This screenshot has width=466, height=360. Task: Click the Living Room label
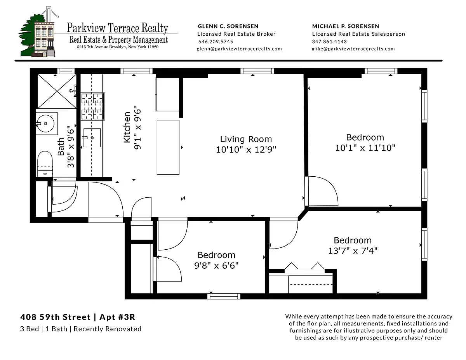[x=246, y=139]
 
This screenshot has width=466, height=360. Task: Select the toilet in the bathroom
[x=45, y=164]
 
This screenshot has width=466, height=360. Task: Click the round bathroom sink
[x=45, y=124]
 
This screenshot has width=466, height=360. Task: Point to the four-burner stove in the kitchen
[x=92, y=106]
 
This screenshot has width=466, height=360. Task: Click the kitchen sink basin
[x=92, y=137]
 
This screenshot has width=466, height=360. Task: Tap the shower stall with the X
[x=57, y=91]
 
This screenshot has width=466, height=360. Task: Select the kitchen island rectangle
[x=168, y=147]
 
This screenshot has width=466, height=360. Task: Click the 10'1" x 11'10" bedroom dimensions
[x=365, y=148]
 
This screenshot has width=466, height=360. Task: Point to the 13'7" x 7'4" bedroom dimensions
[x=353, y=250]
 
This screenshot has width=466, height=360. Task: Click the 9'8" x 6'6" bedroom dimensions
[x=216, y=266]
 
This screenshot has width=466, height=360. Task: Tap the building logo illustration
[x=38, y=32]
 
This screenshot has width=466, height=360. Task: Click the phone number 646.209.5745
[x=216, y=42]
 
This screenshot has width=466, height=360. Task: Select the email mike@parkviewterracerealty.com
[x=353, y=49]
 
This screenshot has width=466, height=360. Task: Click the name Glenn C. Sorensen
[x=228, y=26]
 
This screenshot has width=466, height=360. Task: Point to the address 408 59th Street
[x=56, y=317]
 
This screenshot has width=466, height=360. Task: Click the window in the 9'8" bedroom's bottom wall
[x=224, y=296]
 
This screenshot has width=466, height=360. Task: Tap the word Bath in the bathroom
[x=61, y=146]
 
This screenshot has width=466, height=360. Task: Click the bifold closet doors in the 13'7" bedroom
[x=304, y=266]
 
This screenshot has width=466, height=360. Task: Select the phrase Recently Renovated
[x=108, y=329]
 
